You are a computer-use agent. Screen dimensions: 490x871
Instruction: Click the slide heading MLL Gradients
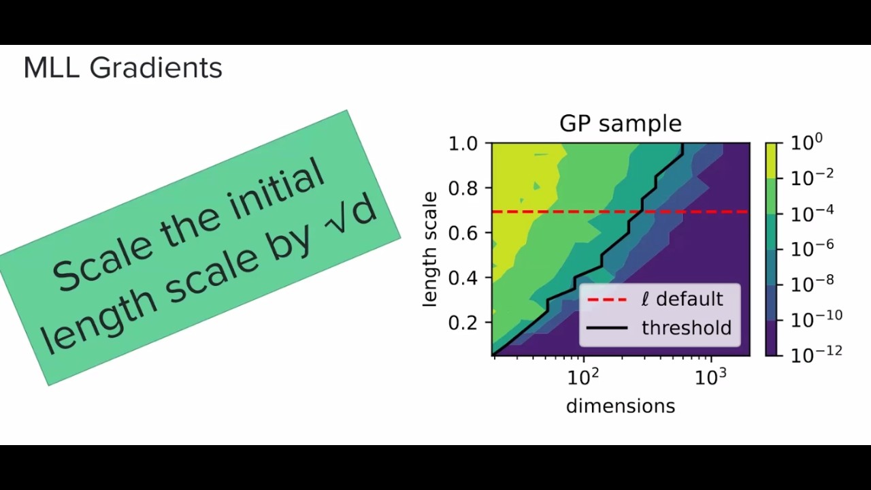(x=122, y=68)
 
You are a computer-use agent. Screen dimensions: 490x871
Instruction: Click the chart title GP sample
(x=620, y=123)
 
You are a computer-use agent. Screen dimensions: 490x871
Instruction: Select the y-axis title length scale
(x=429, y=249)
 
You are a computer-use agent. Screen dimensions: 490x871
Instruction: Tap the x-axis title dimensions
(x=620, y=406)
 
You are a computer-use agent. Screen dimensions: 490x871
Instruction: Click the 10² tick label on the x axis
(x=583, y=376)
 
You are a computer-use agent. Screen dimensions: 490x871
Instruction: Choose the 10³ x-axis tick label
(x=711, y=376)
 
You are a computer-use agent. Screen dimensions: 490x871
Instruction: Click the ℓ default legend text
(x=682, y=299)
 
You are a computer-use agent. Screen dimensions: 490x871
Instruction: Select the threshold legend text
(x=686, y=328)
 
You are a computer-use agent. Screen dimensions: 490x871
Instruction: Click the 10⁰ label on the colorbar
(x=806, y=143)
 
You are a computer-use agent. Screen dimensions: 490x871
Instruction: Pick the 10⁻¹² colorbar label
(x=816, y=352)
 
